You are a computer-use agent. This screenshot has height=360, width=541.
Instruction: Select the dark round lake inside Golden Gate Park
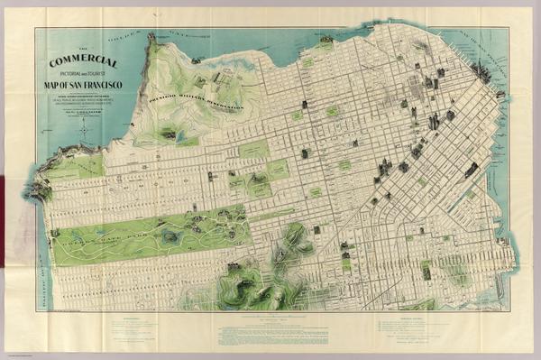170,235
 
